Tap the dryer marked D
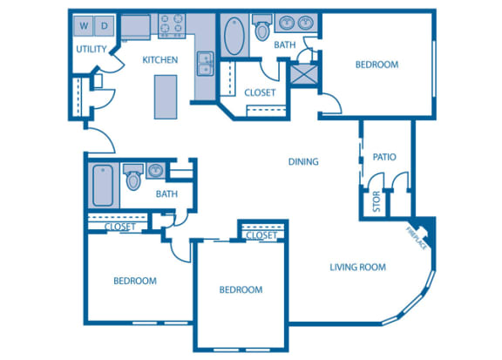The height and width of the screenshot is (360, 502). [x=104, y=25]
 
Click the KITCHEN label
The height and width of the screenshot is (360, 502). [x=160, y=60]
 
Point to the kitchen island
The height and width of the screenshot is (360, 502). [x=164, y=96]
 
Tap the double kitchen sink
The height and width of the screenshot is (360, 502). [x=206, y=63]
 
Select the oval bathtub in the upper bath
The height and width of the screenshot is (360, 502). [x=234, y=37]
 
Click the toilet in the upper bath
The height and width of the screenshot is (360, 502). [x=261, y=28]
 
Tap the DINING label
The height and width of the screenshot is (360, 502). [x=303, y=161]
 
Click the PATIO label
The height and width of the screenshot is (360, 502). [x=384, y=158]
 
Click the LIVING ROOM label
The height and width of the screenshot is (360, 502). [x=357, y=267]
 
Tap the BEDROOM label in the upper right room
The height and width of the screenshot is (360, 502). [x=376, y=65]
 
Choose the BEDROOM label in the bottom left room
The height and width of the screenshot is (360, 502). [x=135, y=281]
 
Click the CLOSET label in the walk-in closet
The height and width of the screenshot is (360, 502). [x=260, y=92]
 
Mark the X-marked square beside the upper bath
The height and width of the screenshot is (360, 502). [x=307, y=73]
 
